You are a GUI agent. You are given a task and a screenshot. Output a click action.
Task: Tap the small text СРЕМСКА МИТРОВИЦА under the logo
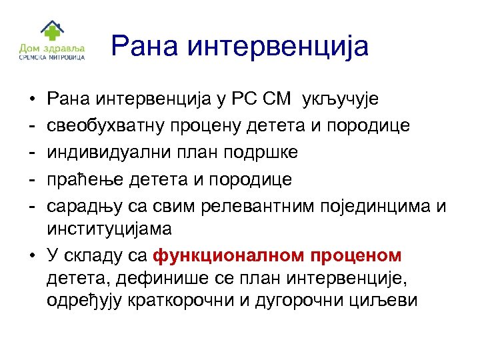(x=51, y=58)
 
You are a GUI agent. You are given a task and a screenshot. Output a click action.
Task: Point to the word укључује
(x=341, y=100)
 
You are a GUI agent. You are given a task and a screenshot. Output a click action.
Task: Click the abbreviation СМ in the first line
(x=276, y=99)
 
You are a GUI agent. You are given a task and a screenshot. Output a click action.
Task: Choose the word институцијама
(x=109, y=229)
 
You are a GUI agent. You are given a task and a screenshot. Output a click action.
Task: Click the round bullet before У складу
(x=33, y=256)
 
